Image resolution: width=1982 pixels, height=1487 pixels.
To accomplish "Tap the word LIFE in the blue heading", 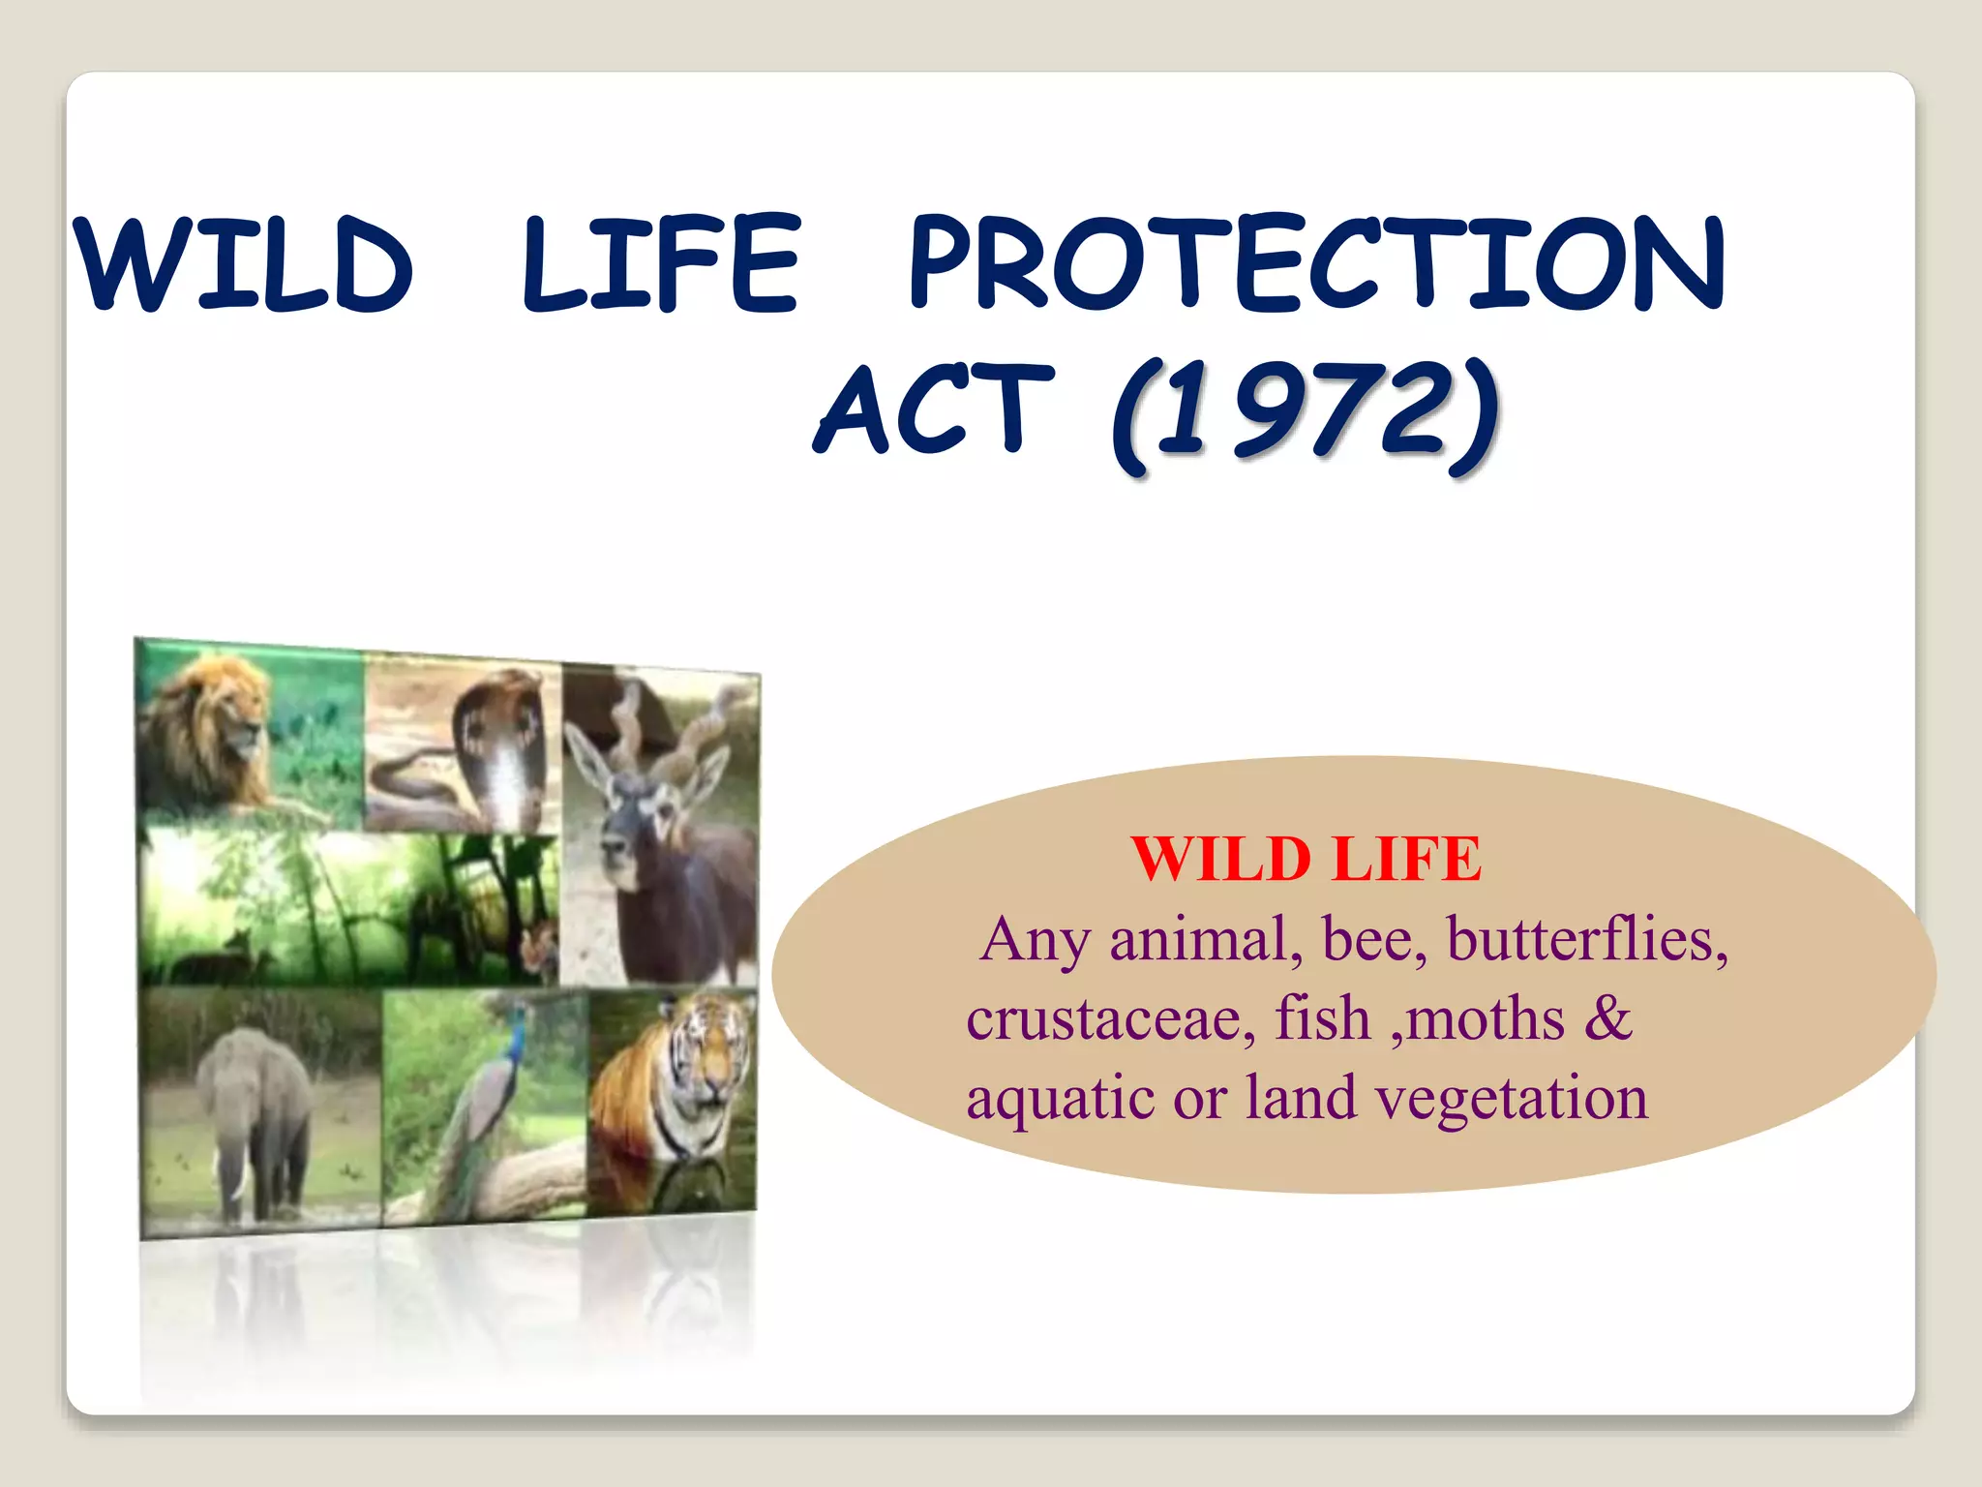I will [x=662, y=264].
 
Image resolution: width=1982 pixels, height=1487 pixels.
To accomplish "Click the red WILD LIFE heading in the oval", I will [x=1306, y=859].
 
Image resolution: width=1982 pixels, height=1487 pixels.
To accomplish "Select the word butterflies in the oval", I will [x=1587, y=940].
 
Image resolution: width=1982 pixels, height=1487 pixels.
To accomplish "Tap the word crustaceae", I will [x=1111, y=1019].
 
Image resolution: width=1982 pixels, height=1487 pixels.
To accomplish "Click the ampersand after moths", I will [x=1608, y=1018].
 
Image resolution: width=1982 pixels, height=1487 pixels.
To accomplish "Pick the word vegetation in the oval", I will [x=1512, y=1099].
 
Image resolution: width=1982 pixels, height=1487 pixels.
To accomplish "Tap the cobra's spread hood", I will [x=503, y=745].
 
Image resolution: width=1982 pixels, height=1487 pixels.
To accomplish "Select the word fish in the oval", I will [x=1322, y=1019].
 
